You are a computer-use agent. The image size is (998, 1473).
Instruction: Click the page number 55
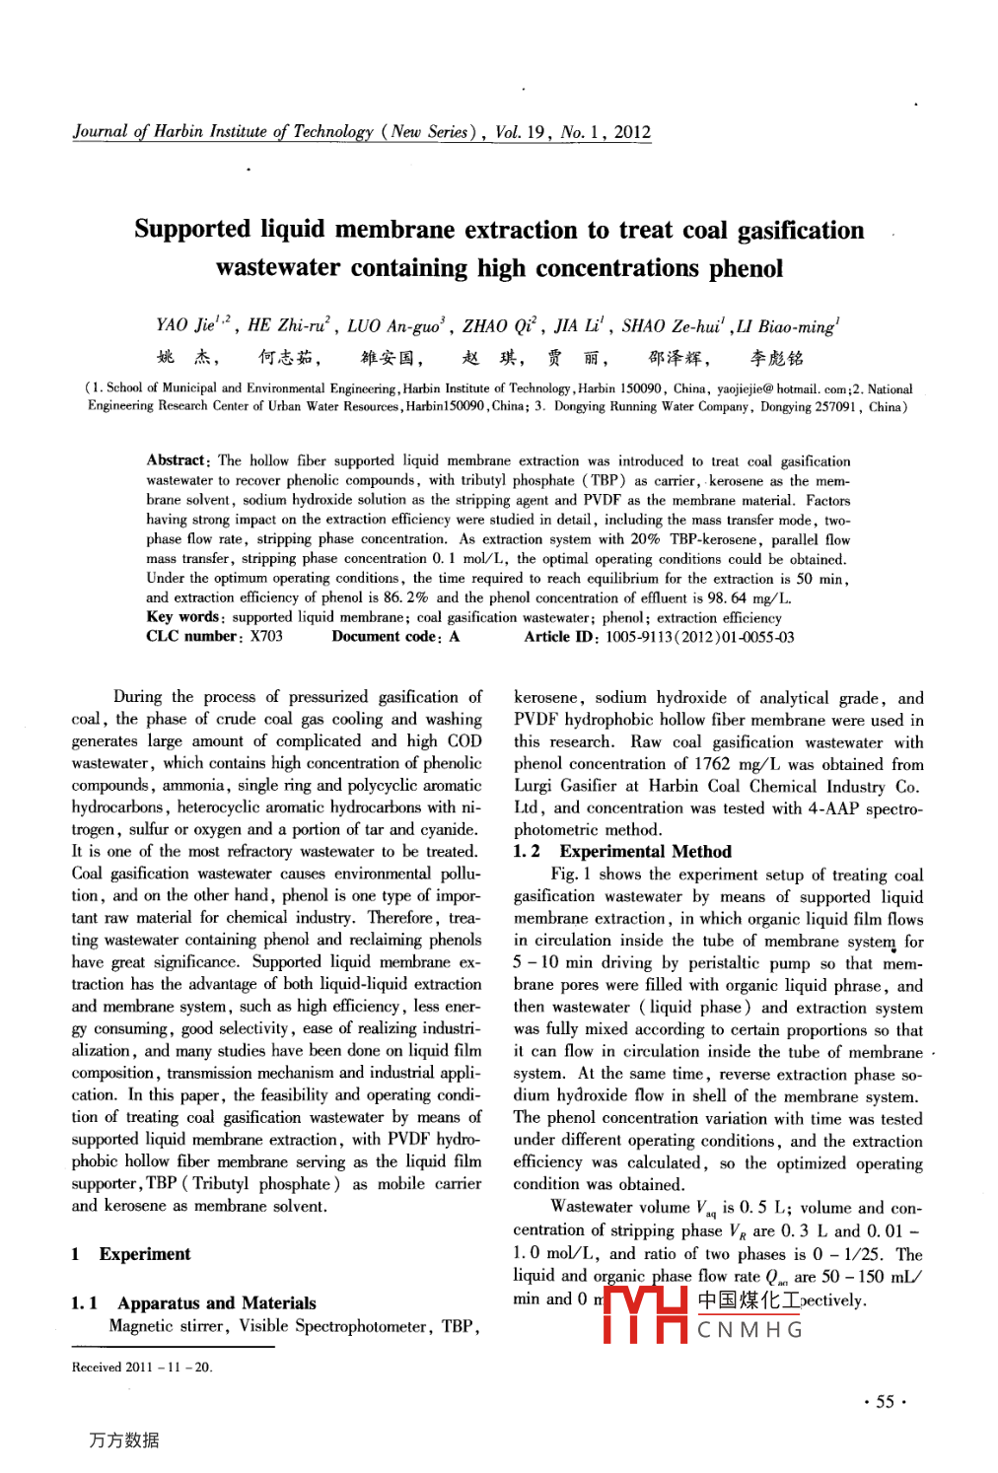click(x=885, y=1402)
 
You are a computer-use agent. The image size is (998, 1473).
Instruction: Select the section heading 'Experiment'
click(x=144, y=1254)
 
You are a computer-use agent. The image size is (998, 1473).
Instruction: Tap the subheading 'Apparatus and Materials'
click(x=216, y=1303)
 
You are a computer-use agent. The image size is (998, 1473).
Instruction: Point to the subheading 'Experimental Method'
click(x=645, y=852)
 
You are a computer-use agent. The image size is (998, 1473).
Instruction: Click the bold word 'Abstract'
click(x=177, y=460)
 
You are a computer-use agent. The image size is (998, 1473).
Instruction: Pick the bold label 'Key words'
click(x=182, y=617)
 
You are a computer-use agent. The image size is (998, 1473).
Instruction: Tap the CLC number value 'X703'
click(x=266, y=637)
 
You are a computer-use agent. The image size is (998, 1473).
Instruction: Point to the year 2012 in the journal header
click(x=632, y=132)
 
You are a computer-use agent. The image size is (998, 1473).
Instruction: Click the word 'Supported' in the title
click(x=192, y=230)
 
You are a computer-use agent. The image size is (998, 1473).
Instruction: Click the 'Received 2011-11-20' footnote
click(x=142, y=1367)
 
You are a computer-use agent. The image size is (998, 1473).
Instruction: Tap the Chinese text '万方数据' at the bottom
click(x=123, y=1439)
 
